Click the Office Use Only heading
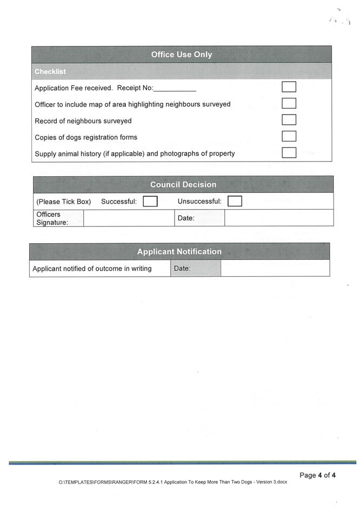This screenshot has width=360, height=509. (x=182, y=55)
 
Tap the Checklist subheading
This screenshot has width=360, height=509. (x=50, y=71)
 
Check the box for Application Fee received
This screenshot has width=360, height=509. (x=289, y=87)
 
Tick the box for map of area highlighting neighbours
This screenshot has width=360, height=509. (x=289, y=103)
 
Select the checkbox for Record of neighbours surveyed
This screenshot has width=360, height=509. (x=289, y=120)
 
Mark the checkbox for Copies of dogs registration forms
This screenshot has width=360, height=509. (x=289, y=136)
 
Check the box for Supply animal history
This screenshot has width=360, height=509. (x=289, y=152)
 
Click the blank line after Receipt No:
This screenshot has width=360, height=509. (x=175, y=89)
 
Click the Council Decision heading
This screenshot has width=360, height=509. (x=183, y=185)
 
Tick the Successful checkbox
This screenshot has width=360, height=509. (x=150, y=202)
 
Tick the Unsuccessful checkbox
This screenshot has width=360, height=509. (x=235, y=202)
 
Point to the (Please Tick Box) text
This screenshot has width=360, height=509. (x=63, y=202)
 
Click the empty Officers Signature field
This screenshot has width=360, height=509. (x=128, y=218)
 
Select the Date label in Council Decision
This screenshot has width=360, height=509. (x=185, y=218)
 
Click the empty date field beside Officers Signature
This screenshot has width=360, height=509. (x=278, y=218)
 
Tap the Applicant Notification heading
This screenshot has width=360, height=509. (x=179, y=252)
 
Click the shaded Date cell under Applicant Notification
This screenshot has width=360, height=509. (x=195, y=268)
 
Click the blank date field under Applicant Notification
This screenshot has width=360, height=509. (x=275, y=268)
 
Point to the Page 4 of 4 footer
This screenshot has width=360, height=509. (x=318, y=475)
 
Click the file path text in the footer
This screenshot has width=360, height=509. (x=172, y=482)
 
